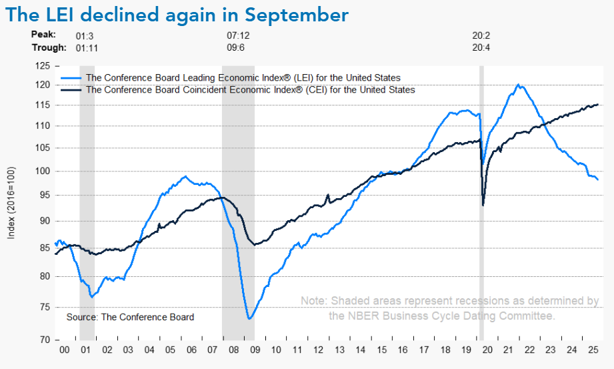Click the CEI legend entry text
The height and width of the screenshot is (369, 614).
(251, 89)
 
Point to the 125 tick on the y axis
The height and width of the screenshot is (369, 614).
(43, 66)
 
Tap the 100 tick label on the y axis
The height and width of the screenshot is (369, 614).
(43, 171)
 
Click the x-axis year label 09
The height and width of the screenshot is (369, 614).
(253, 350)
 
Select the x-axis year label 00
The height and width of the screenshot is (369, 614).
(65, 350)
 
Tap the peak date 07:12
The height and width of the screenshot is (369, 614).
(238, 34)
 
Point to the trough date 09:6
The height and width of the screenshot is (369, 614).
(237, 47)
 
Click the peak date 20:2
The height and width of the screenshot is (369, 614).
(481, 34)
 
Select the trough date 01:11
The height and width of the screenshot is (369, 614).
(87, 47)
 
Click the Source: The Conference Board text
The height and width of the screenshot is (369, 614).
(130, 317)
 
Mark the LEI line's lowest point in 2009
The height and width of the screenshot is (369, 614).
(249, 318)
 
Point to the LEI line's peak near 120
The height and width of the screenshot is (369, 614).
(519, 85)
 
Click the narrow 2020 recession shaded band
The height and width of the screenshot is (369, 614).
(481, 200)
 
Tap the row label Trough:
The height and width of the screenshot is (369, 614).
(49, 47)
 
